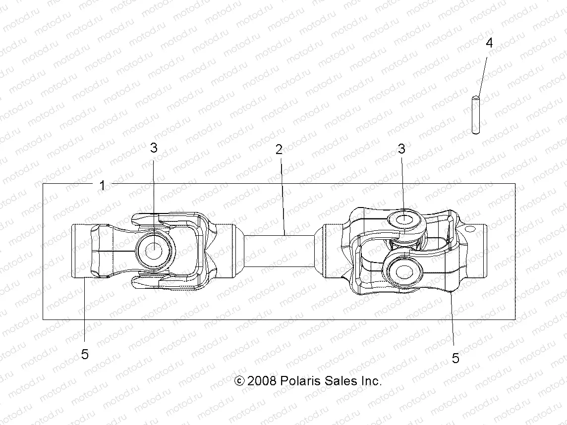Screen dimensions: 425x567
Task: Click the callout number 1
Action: (x=102, y=186)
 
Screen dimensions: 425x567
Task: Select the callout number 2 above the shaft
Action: (x=279, y=150)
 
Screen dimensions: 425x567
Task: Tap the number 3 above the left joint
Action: (x=154, y=148)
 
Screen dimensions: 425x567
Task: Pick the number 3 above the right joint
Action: (x=401, y=149)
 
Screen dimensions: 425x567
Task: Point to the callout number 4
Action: (x=489, y=43)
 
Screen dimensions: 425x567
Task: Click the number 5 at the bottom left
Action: (x=85, y=355)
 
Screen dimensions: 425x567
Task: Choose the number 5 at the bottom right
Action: (x=455, y=359)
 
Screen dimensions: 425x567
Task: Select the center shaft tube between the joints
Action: (x=279, y=251)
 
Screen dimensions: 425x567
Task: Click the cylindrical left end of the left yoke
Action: (x=81, y=251)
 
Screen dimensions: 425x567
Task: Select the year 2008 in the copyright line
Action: (x=263, y=381)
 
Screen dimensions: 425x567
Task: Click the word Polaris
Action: (x=300, y=381)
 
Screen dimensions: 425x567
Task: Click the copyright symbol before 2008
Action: (x=239, y=381)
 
